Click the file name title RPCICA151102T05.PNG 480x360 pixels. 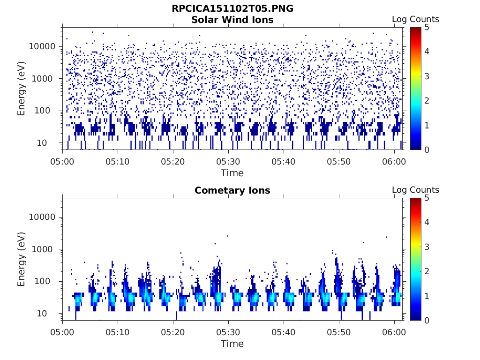(x=232, y=9)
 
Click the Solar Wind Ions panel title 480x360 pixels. (x=232, y=20)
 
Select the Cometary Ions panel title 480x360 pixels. (x=232, y=190)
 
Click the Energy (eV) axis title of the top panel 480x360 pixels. (x=22, y=88)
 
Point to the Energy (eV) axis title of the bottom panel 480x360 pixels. (x=22, y=259)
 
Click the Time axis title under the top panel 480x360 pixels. (x=232, y=173)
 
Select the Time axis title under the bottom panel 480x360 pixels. (x=232, y=344)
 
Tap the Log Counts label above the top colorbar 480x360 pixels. (x=415, y=19)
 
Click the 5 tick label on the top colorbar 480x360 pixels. (x=427, y=27)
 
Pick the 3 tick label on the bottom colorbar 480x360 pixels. (x=427, y=247)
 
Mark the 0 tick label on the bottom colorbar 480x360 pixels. (x=427, y=320)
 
